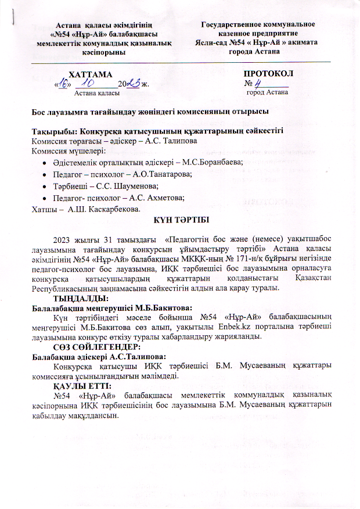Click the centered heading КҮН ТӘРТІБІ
[178, 220]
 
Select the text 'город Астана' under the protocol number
[266, 92]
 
